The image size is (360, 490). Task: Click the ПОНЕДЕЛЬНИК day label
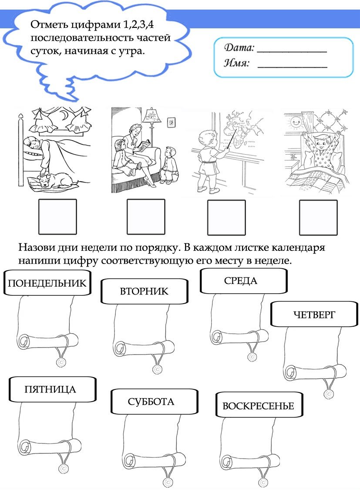pos(47,283)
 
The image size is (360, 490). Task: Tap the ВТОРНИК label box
pos(144,291)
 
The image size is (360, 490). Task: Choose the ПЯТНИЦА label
pos(50,389)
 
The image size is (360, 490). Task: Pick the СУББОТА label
pos(151,402)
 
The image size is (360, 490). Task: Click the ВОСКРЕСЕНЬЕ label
pos(259,406)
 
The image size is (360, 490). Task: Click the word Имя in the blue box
pos(237,64)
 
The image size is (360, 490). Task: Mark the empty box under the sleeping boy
pos(57,217)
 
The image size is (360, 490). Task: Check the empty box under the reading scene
pos(145,217)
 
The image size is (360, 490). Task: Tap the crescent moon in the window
pos(64,115)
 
